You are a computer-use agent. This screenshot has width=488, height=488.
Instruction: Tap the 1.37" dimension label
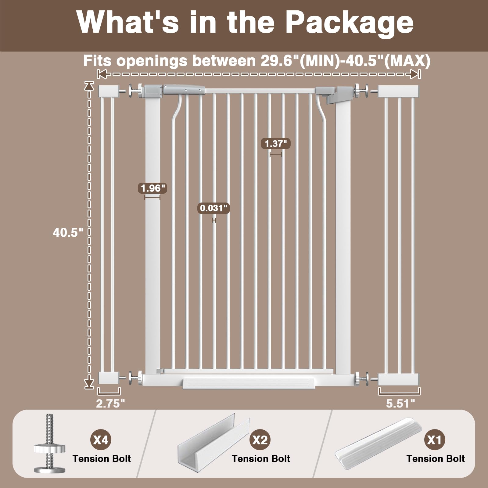tap(276, 144)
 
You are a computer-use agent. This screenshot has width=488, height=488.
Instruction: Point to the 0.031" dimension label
tap(214, 208)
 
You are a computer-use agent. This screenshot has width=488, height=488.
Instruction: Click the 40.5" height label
tap(68, 233)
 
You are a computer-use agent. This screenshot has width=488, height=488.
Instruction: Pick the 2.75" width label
tap(110, 404)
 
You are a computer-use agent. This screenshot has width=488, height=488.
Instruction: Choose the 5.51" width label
tap(400, 404)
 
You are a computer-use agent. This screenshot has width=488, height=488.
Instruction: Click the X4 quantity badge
tap(101, 440)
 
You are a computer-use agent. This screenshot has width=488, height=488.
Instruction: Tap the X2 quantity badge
tap(260, 440)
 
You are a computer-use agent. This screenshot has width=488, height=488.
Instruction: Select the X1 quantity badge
tap(435, 440)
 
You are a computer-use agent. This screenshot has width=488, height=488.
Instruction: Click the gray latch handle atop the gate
tap(184, 90)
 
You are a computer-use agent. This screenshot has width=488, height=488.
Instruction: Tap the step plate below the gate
tap(249, 383)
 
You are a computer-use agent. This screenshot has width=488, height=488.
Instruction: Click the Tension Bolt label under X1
tap(436, 459)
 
